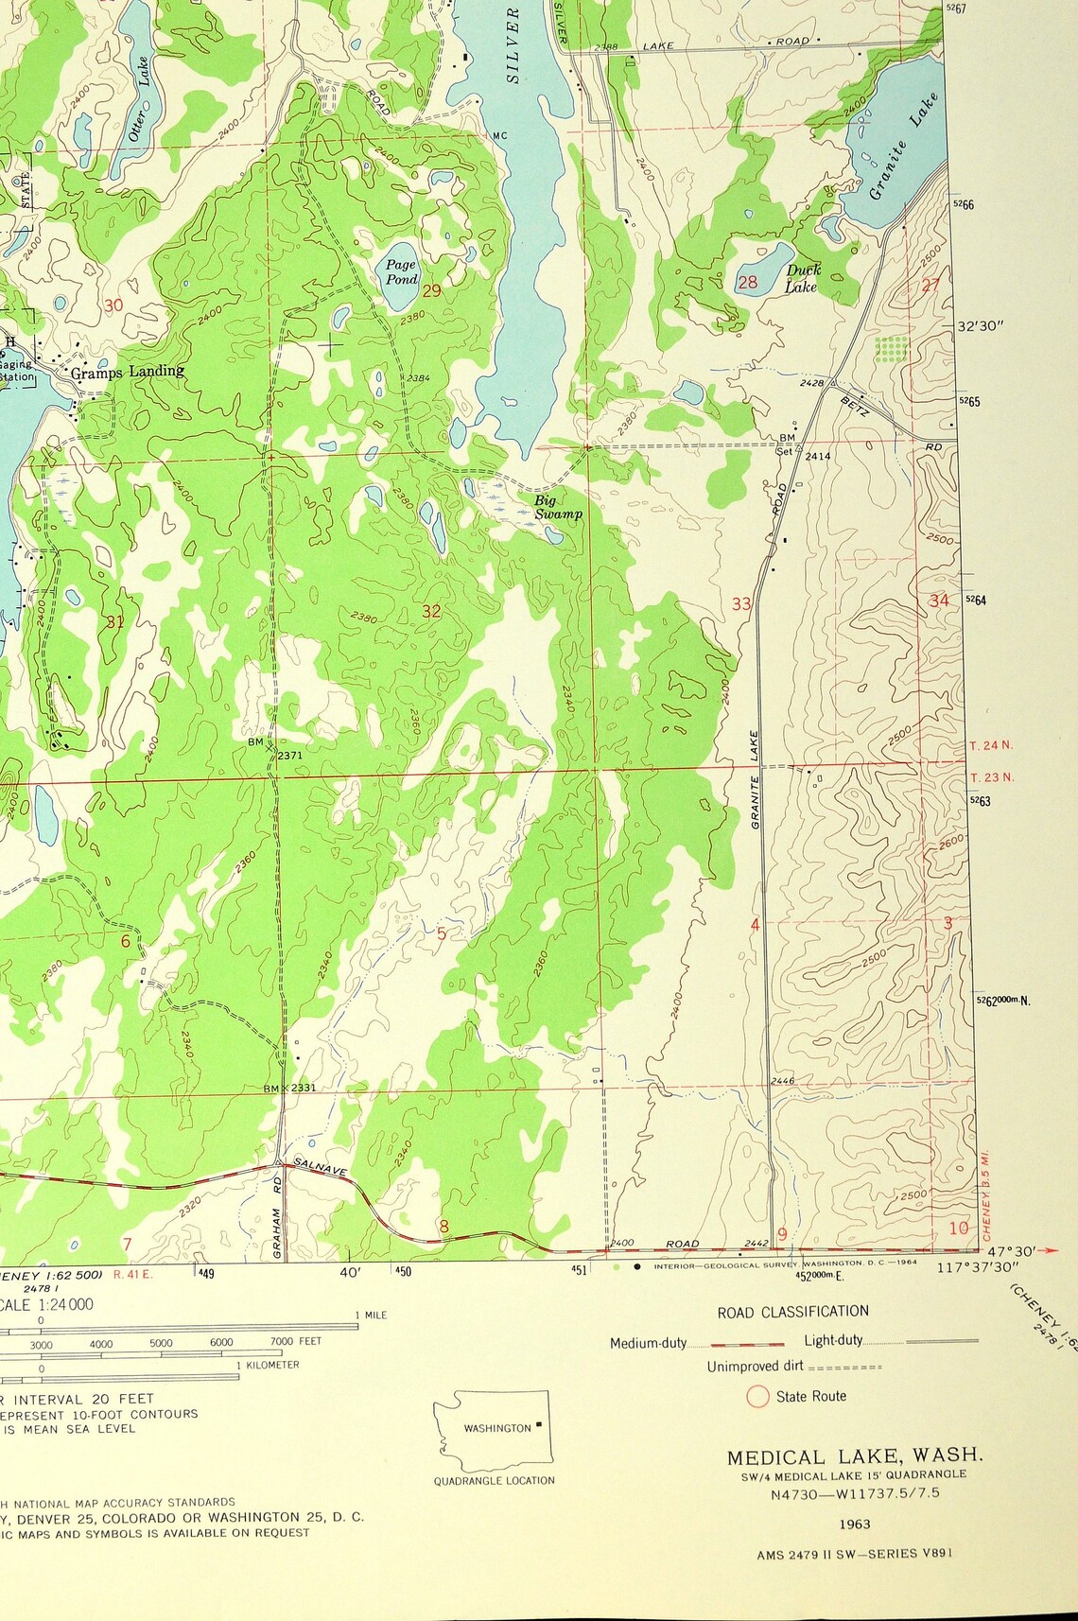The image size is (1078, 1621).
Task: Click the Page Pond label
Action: click(401, 272)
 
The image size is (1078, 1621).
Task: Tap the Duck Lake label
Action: click(802, 278)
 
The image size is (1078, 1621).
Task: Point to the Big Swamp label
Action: click(557, 507)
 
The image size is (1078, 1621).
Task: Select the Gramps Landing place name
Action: click(128, 372)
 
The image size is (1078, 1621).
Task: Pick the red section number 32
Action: click(431, 612)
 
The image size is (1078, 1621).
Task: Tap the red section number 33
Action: click(741, 603)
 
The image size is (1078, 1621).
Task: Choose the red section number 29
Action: click(431, 290)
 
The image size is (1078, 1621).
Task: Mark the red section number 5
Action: click(441, 934)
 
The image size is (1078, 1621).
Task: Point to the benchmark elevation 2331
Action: click(303, 1088)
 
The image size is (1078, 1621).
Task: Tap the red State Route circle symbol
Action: click(757, 1396)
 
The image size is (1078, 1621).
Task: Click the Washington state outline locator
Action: click(491, 1427)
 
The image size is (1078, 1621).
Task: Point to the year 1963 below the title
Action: click(854, 1524)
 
